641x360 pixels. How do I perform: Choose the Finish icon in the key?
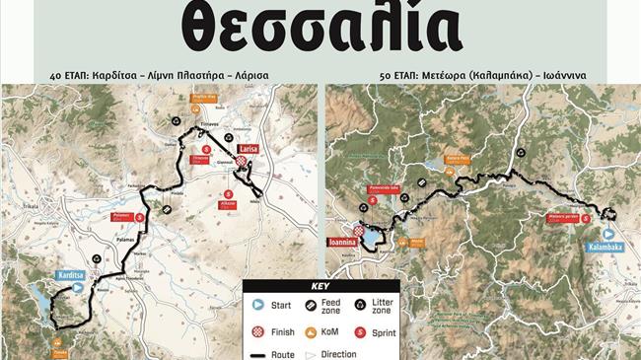pos(258,332)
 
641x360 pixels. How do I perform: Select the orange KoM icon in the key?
pos(309,332)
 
